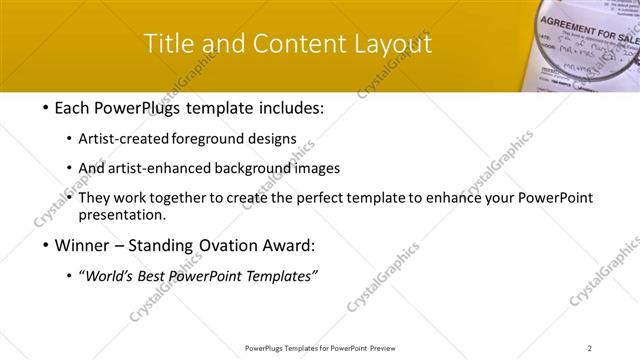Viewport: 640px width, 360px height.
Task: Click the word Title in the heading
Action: (166, 44)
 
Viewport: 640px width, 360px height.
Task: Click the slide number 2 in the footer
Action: (589, 348)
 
